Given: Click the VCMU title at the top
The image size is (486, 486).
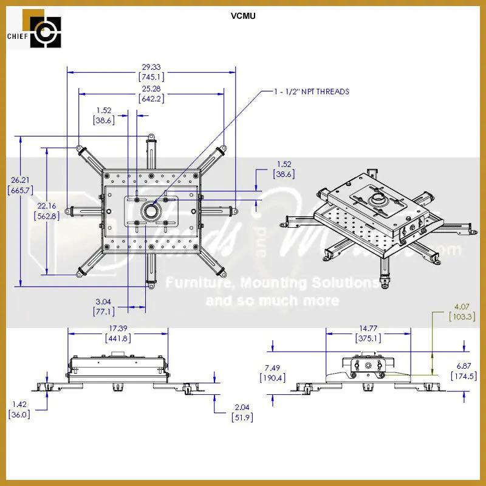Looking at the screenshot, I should coord(243,16).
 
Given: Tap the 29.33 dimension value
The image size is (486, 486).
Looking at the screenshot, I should coord(151,67).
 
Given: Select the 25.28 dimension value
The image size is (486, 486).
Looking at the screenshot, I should coord(151,89).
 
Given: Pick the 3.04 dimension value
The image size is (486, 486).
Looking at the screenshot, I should coord(103,301).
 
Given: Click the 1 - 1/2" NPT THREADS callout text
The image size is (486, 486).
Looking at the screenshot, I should coord(311,92).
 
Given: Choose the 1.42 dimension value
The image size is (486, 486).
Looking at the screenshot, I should coord(19,403).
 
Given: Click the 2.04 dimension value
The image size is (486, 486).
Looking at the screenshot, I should coord(242,406).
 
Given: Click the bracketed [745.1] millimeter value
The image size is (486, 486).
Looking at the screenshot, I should coord(151,77).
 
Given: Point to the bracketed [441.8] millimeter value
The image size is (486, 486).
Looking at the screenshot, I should coord(118,338).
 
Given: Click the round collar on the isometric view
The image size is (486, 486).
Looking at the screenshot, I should coord(378,199).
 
